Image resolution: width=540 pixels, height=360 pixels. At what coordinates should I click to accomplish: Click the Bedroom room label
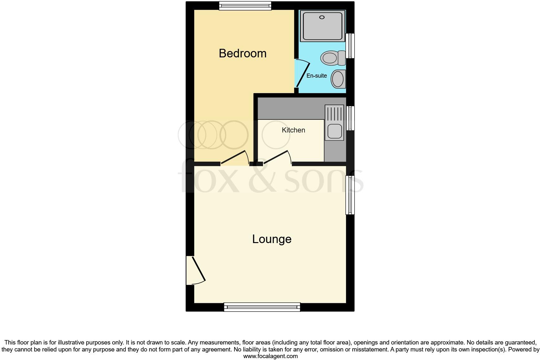pyautogui.click(x=242, y=53)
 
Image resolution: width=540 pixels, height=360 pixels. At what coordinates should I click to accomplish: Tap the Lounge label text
pyautogui.click(x=272, y=239)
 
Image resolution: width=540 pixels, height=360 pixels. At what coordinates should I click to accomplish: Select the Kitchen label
pyautogui.click(x=293, y=130)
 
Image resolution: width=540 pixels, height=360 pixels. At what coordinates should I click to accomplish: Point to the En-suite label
pyautogui.click(x=317, y=76)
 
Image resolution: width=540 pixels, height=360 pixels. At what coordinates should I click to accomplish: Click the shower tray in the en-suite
pyautogui.click(x=322, y=26)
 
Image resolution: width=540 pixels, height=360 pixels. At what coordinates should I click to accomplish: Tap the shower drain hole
pyautogui.click(x=322, y=17)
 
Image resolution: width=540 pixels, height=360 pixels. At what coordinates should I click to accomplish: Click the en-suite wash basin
pyautogui.click(x=338, y=79)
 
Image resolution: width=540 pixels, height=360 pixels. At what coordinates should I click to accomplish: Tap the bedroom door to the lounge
pyautogui.click(x=235, y=157)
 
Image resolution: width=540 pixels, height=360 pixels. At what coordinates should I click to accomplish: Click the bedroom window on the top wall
pyautogui.click(x=245, y=5)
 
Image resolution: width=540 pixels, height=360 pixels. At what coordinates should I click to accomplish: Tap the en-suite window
pyautogui.click(x=350, y=46)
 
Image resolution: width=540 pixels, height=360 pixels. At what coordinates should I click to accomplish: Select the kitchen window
pyautogui.click(x=350, y=118)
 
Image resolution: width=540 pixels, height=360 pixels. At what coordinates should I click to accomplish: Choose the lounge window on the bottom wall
pyautogui.click(x=262, y=307)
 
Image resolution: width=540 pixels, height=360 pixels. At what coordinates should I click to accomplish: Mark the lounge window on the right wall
pyautogui.click(x=350, y=195)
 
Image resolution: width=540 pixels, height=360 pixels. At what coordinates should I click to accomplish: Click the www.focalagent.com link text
pyautogui.click(x=270, y=356)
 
